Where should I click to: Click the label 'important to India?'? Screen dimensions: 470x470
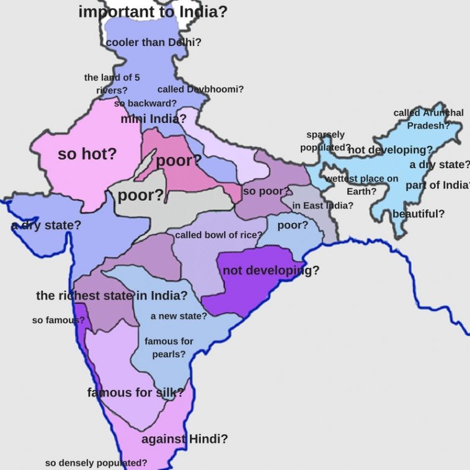(x=153, y=12)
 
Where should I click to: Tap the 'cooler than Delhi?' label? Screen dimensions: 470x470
(x=154, y=43)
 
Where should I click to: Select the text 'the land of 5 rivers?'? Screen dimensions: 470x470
(x=112, y=84)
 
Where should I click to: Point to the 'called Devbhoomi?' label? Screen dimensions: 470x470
(x=200, y=89)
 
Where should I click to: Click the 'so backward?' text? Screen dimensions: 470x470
(x=145, y=103)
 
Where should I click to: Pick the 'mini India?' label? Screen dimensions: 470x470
(x=153, y=118)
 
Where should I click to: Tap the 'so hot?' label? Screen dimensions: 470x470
(x=87, y=154)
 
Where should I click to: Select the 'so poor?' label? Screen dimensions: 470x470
(x=267, y=191)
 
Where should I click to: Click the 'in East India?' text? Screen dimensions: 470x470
(x=323, y=205)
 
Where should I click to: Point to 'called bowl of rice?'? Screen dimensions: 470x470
(x=218, y=235)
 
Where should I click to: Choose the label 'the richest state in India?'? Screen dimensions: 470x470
(x=112, y=295)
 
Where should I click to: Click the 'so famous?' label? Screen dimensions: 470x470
(x=58, y=320)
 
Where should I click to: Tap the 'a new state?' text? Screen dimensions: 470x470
(x=179, y=316)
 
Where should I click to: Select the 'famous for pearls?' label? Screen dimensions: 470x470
(x=169, y=348)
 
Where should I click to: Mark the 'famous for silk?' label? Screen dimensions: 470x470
(x=135, y=392)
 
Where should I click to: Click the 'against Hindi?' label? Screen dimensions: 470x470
(x=185, y=439)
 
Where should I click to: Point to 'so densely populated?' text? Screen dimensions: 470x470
(x=96, y=463)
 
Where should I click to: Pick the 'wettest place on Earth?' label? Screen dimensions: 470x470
(x=361, y=185)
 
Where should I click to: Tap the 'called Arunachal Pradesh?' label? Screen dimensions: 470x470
(x=428, y=119)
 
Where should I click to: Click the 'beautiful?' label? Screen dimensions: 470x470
(x=419, y=214)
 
